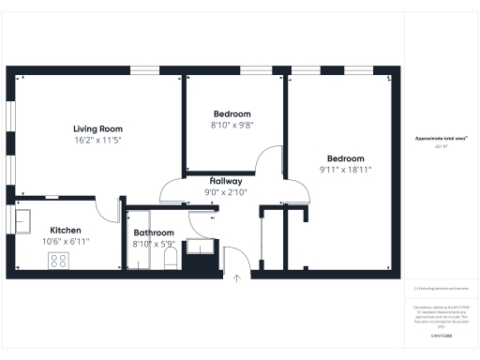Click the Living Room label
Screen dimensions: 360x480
coord(98,128)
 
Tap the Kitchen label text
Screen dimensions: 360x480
coord(66,231)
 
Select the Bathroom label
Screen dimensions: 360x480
coord(153,232)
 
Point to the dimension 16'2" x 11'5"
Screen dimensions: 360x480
coord(98,140)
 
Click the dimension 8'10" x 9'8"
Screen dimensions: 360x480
coord(232,125)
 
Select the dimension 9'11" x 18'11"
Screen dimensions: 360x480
coord(345,170)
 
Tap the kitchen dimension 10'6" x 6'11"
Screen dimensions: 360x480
coord(66,242)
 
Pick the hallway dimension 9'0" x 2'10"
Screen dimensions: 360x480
coord(224,192)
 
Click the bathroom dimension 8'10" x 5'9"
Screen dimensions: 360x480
coord(153,244)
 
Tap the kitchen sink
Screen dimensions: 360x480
coord(23,221)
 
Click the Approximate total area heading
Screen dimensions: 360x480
coord(442,139)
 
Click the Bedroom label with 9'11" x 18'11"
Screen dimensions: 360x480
coord(345,158)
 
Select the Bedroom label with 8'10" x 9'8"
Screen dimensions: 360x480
coord(232,113)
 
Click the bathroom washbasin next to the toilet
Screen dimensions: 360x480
coord(199,247)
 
